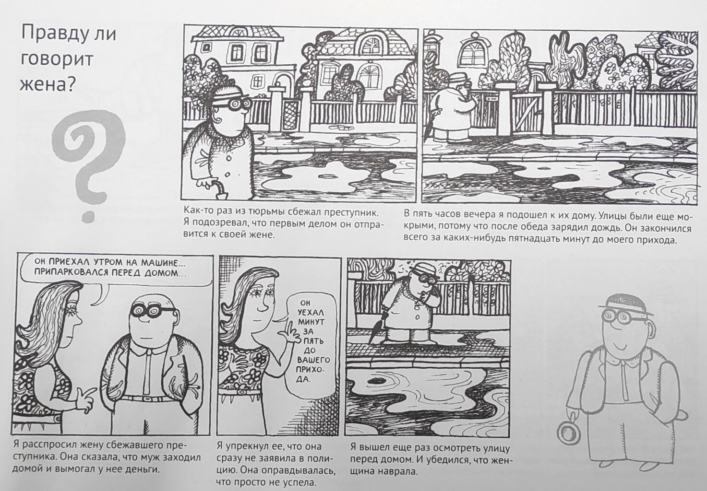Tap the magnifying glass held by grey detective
click(569, 434)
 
